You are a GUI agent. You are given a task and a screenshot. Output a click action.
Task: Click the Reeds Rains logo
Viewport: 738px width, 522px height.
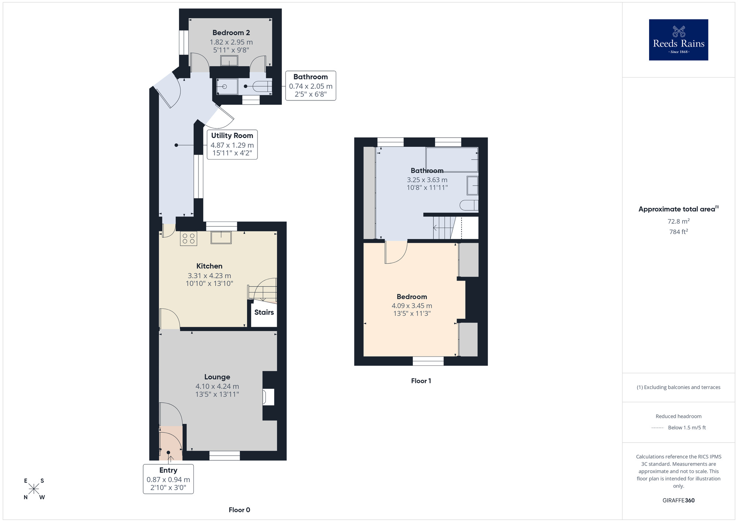click(x=678, y=40)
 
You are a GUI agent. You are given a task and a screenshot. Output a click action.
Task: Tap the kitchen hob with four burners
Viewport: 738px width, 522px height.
click(x=189, y=238)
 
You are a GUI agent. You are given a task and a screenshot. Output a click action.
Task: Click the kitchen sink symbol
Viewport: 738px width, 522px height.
click(x=221, y=237)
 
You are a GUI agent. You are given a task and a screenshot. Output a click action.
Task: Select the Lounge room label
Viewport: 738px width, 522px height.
click(x=217, y=377)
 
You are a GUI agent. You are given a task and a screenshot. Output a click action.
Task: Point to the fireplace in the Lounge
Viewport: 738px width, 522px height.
click(x=268, y=397)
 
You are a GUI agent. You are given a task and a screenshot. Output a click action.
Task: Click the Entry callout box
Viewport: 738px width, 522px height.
click(x=168, y=479)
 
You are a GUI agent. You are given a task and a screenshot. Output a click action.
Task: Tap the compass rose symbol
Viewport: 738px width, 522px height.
click(x=34, y=489)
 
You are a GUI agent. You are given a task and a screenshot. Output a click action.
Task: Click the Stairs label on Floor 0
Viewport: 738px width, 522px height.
click(x=264, y=312)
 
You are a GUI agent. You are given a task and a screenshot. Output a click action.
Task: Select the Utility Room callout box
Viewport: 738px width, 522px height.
click(x=232, y=144)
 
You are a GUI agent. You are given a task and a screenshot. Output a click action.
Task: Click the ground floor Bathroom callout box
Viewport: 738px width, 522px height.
click(x=310, y=86)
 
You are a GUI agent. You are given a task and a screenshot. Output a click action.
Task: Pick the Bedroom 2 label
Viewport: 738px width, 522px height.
click(x=231, y=33)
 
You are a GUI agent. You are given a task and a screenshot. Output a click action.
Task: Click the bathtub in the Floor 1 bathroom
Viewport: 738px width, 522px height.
click(x=452, y=159)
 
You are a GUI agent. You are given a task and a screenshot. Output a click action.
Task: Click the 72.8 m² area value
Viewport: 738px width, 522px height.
click(x=678, y=221)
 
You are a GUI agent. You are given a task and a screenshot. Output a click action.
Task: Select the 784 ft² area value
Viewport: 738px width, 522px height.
click(x=678, y=232)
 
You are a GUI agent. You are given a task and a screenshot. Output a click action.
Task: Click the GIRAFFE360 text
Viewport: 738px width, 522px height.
click(x=678, y=501)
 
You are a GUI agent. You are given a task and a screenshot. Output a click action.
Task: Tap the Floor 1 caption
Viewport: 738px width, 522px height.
click(x=421, y=381)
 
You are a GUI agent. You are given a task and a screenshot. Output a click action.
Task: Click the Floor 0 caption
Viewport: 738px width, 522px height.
click(x=239, y=510)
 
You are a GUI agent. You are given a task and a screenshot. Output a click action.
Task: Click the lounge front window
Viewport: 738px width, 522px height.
click(x=224, y=456)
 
